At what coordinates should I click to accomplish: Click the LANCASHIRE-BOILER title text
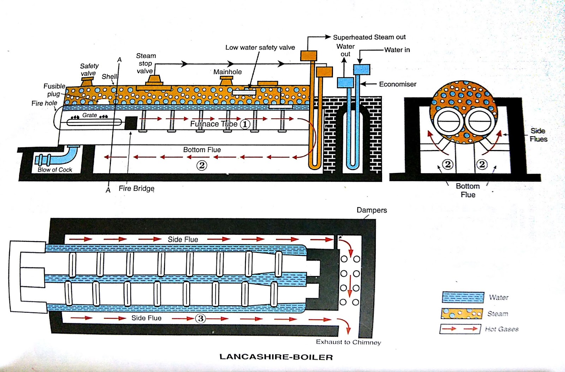[x=276, y=357]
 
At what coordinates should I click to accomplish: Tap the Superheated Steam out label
[x=369, y=37]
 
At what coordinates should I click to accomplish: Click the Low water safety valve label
[x=260, y=47]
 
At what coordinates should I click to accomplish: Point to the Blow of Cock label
[x=55, y=170]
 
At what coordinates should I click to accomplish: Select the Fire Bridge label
[x=136, y=188]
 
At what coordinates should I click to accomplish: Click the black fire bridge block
[x=131, y=123]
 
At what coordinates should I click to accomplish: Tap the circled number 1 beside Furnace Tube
[x=245, y=124]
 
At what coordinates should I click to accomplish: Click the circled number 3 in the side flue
[x=201, y=318]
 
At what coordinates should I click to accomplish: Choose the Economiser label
[x=397, y=84]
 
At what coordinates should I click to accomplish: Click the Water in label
[x=397, y=50]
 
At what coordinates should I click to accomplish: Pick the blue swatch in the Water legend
[x=463, y=297]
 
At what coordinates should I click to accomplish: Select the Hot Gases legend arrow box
[x=460, y=329]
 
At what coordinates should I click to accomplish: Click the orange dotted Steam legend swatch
[x=462, y=313]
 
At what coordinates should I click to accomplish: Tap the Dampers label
[x=371, y=210]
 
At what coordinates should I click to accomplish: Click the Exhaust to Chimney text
[x=348, y=342]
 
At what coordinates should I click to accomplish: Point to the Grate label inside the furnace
[x=89, y=115]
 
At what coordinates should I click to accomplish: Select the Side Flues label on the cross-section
[x=538, y=135]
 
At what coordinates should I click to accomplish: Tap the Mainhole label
[x=227, y=72]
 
